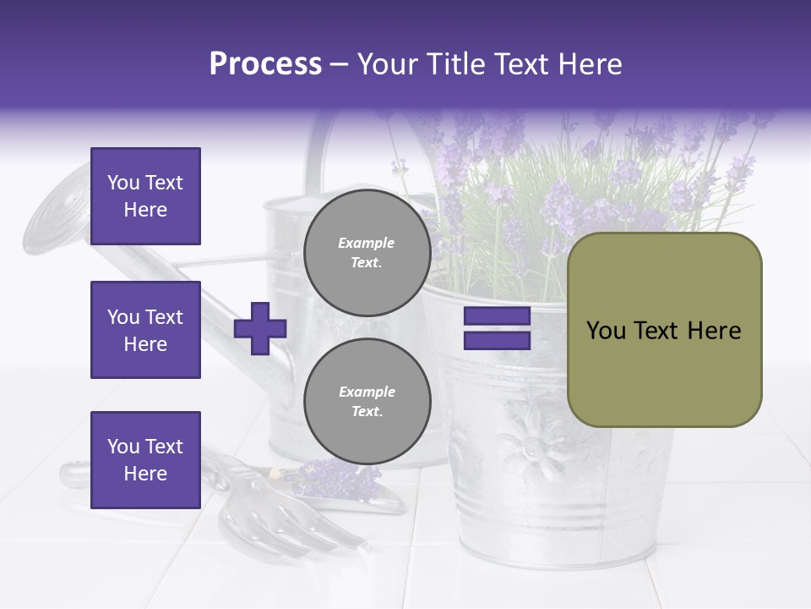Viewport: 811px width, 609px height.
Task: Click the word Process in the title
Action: pyautogui.click(x=265, y=64)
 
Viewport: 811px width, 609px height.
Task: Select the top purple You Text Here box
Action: pyautogui.click(x=145, y=196)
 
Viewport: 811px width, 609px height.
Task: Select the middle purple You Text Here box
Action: pyautogui.click(x=145, y=330)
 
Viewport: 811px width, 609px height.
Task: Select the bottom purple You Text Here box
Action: pyautogui.click(x=145, y=460)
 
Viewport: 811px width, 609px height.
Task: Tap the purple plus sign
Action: pyautogui.click(x=260, y=328)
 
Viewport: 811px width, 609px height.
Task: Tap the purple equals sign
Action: pyautogui.click(x=497, y=328)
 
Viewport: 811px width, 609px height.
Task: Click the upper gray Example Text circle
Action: pyautogui.click(x=367, y=253)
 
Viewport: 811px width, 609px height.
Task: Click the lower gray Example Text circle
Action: pyautogui.click(x=367, y=402)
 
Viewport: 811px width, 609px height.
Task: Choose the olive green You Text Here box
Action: pyautogui.click(x=664, y=330)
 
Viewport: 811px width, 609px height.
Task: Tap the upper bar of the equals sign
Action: pyautogui.click(x=497, y=316)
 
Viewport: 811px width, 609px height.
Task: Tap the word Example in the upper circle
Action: pyautogui.click(x=367, y=244)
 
